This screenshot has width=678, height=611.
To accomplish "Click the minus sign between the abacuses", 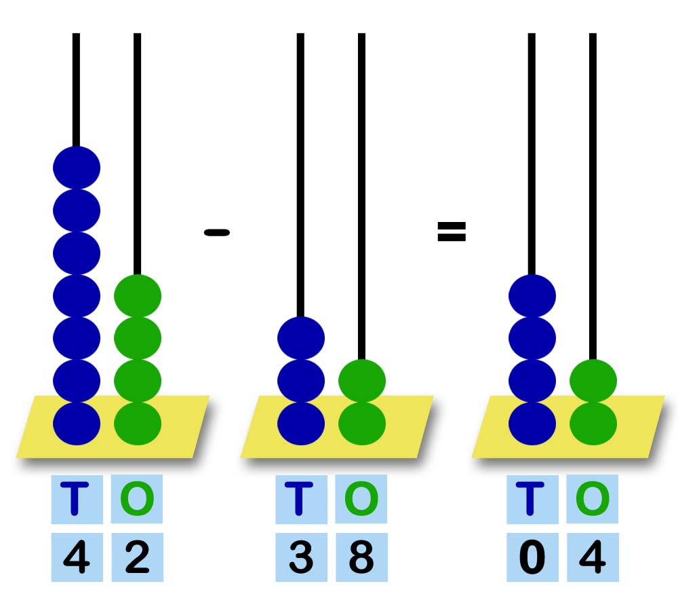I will point(217,232).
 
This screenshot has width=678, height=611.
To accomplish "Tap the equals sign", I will point(452,232).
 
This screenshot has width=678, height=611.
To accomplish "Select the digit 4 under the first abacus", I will point(77,558).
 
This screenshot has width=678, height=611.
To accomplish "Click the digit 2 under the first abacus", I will point(137,558).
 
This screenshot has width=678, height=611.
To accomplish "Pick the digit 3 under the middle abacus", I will point(301,558).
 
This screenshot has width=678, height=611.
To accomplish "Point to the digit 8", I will point(361,558).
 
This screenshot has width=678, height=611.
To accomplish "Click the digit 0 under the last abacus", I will point(532,558).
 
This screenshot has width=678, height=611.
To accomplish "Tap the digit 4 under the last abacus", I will point(593,558).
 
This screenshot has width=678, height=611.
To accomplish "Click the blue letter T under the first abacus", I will point(77,499).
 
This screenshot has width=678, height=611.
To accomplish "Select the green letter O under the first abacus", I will point(137,499).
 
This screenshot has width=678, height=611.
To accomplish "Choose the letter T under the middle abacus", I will point(301,499).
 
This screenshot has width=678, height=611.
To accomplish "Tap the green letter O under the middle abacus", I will point(361,499).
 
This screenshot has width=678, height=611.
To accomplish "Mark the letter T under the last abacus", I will point(532,499).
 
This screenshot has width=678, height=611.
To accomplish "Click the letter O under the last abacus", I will point(593,499).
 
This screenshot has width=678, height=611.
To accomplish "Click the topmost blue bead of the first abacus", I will point(77,167).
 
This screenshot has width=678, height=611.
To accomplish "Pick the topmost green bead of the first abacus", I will point(138,295).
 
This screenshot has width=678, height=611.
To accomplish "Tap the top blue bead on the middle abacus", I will point(301,338).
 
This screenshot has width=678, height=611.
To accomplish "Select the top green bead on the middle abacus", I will point(362,380).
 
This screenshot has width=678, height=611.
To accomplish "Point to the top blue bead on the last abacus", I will point(532,295).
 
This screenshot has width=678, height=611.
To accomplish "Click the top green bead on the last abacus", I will point(593,380).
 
